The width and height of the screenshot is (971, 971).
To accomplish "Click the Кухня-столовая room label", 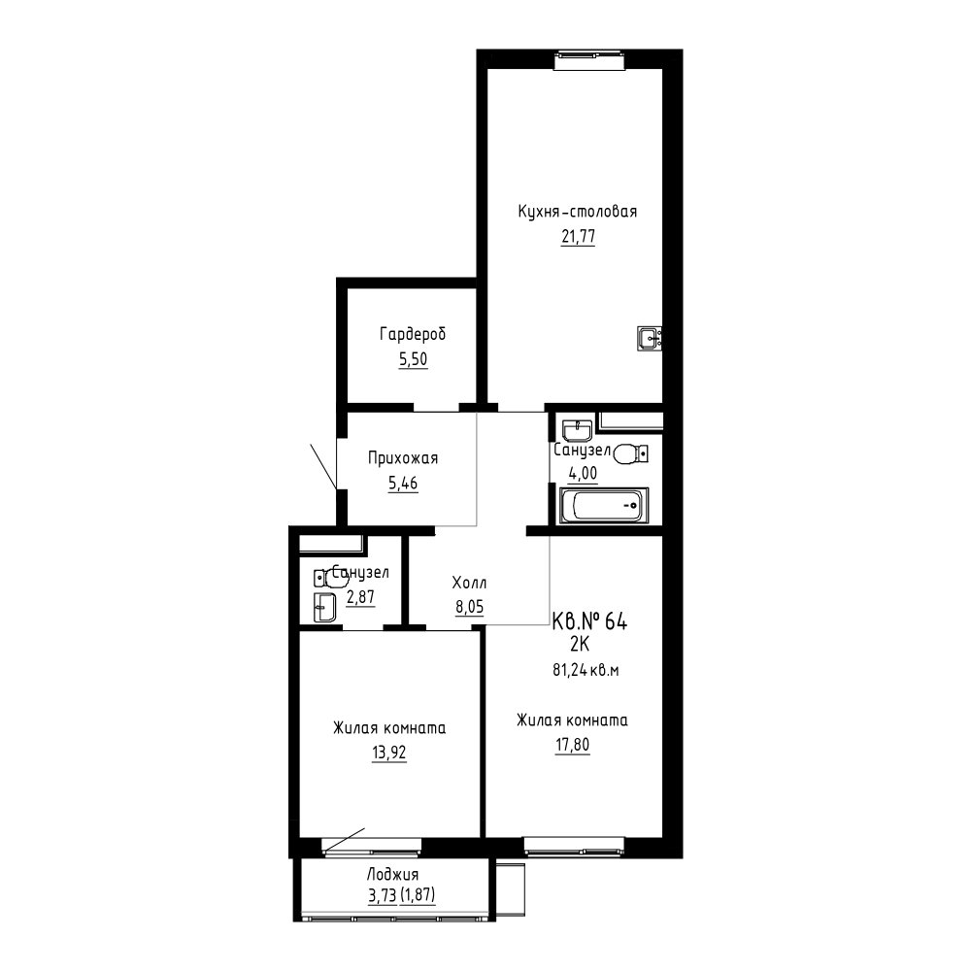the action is point(577,212).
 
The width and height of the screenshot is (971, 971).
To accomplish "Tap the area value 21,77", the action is point(578,237).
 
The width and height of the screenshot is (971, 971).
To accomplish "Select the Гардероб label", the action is point(413,335).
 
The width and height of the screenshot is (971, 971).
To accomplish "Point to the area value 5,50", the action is point(413,359).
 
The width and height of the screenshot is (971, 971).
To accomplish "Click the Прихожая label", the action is point(403,459).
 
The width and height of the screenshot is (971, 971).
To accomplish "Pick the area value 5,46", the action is point(403,483).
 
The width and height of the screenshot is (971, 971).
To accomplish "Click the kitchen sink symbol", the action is point(649,338).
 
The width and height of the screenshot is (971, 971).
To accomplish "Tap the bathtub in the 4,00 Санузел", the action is point(604,505).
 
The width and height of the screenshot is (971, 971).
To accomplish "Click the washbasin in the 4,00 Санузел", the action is point(577,430).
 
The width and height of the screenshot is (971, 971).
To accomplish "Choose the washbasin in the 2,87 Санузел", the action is point(324,608).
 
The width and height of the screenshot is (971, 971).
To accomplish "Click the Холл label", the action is point(469,583).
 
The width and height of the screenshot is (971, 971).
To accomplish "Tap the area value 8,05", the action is point(469,608).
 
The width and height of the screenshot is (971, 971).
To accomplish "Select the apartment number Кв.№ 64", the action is point(589,621).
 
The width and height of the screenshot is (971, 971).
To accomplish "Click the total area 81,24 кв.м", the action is point(586,670).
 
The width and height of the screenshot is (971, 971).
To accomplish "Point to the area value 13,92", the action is point(389,753).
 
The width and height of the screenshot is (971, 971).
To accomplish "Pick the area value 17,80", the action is point(572,745).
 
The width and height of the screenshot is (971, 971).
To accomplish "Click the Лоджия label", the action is point(392,875).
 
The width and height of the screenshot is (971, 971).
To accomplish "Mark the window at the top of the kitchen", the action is point(589,59).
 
